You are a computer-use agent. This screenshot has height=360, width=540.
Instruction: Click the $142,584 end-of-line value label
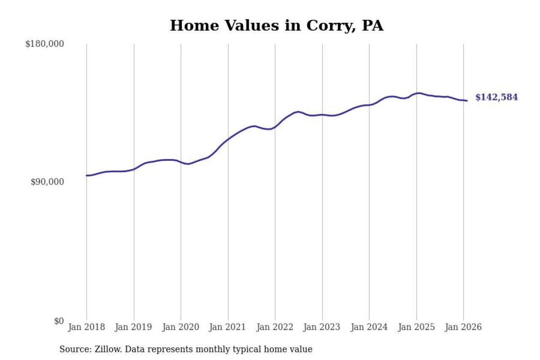tap(496, 97)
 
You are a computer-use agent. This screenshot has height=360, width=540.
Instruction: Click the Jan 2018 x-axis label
tap(86, 327)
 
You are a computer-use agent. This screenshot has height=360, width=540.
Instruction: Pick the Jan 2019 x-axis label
tap(134, 327)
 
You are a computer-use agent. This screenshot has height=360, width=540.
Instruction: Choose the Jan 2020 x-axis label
tap(181, 327)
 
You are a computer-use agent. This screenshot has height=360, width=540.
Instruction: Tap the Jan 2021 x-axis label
tap(228, 327)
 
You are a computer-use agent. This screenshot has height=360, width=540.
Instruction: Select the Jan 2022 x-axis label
tap(275, 327)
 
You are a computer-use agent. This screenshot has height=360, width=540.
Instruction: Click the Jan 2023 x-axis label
tap(322, 327)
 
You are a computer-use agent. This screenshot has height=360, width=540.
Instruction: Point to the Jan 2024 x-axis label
tap(369, 327)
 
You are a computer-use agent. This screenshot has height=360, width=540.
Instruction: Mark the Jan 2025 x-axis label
tap(416, 327)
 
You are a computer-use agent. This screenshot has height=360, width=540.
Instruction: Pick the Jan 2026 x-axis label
tap(463, 327)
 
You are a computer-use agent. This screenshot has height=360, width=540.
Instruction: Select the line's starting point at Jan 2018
tap(86, 176)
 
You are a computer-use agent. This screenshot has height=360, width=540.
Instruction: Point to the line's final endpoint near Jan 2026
tap(467, 100)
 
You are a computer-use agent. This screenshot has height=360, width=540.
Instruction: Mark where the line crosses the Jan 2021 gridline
tap(228, 138)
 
